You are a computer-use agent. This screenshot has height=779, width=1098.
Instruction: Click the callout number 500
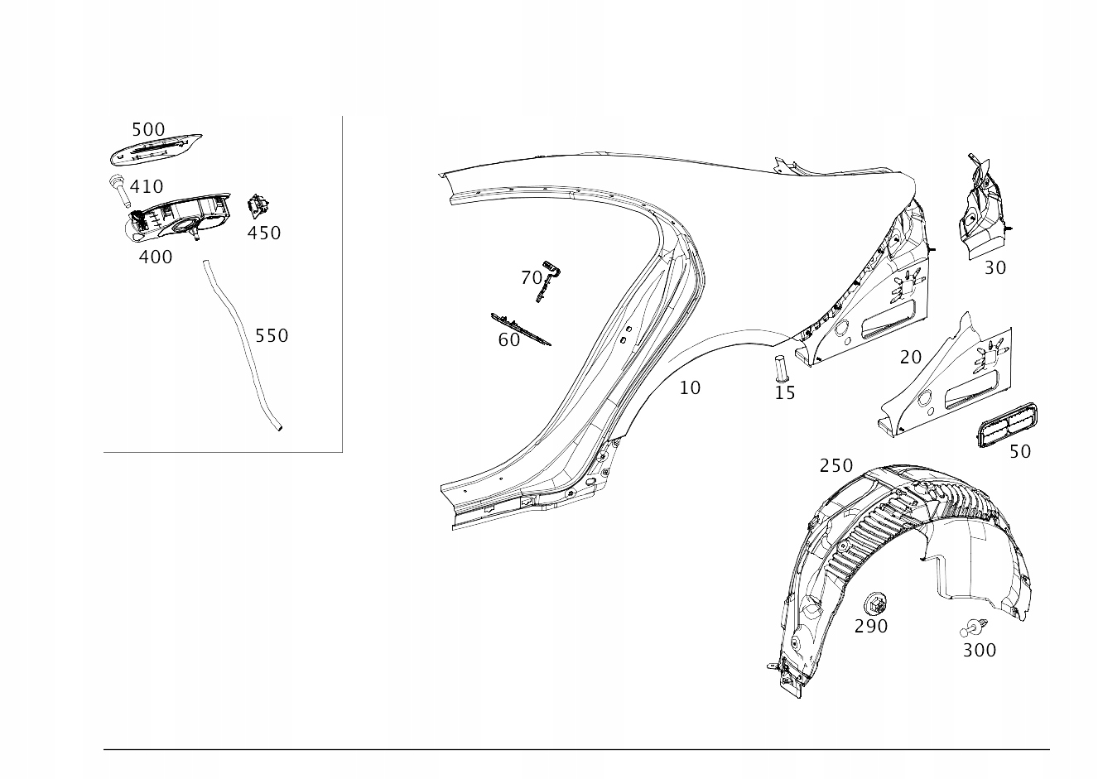tap(148, 130)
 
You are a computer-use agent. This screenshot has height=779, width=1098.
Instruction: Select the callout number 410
tap(146, 187)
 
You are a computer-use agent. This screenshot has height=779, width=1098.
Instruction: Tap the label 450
tap(264, 233)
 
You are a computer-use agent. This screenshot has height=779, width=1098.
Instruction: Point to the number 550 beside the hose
tap(272, 335)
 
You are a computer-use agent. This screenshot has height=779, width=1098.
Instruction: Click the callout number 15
tap(784, 393)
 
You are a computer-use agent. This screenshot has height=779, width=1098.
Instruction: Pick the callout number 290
tap(871, 627)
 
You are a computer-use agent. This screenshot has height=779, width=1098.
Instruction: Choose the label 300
tap(979, 651)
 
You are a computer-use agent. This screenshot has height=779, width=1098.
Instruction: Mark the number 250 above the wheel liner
tap(836, 466)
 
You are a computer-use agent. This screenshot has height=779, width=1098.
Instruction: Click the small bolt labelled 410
tap(117, 191)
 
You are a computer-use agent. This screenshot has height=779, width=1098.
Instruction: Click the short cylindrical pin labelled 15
tap(779, 367)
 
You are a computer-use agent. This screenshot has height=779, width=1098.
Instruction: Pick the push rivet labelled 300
tap(975, 628)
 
